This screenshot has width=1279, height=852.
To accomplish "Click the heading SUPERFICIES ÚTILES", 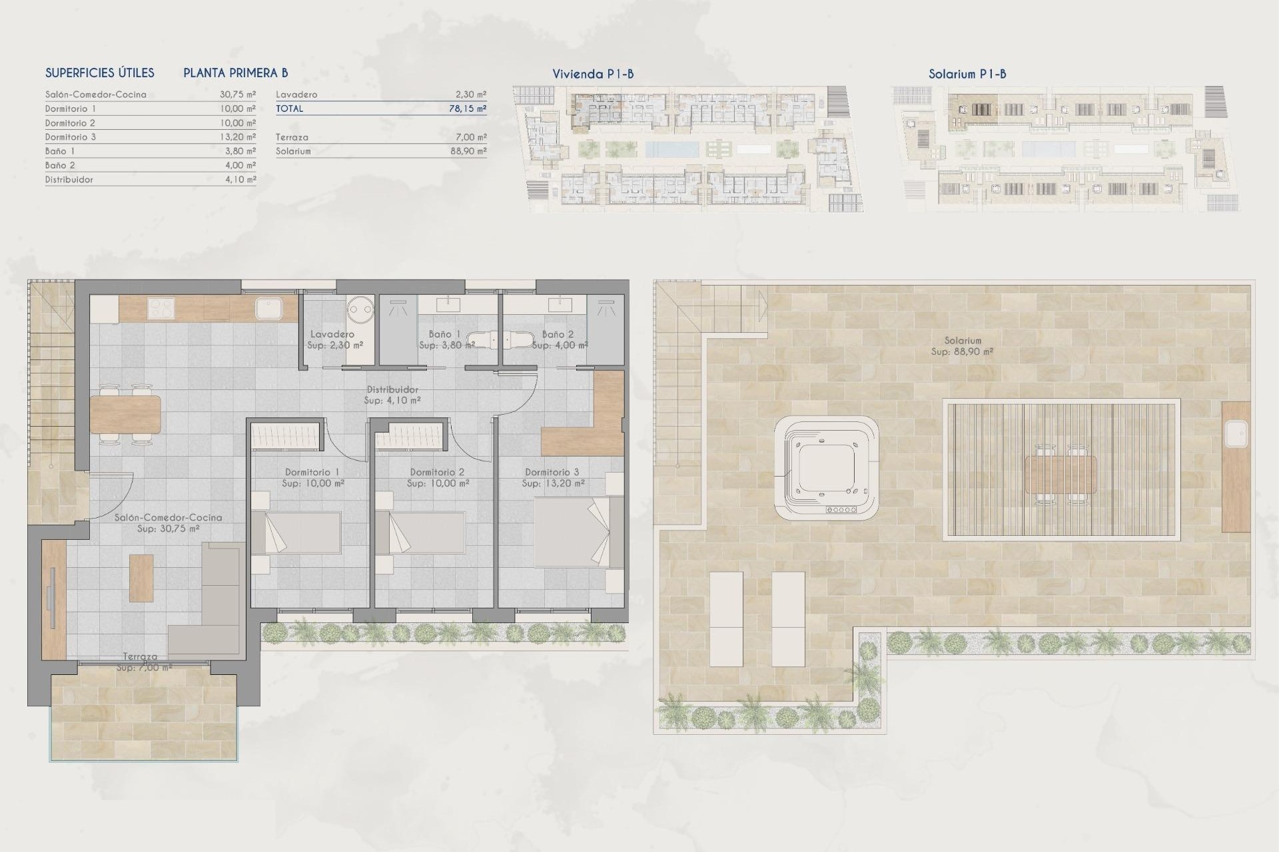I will tap(100, 73).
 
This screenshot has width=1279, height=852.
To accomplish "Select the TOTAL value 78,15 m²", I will tap(467, 108).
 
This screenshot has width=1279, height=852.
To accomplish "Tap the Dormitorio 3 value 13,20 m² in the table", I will tap(237, 137).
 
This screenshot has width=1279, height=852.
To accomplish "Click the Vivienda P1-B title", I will tap(593, 74).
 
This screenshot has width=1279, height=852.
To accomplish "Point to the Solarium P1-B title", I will tap(967, 74).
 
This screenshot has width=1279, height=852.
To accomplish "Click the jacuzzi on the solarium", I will tap(826, 469).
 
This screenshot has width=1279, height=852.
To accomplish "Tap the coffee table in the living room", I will tap(141, 578).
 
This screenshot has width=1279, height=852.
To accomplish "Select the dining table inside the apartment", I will tap(125, 414).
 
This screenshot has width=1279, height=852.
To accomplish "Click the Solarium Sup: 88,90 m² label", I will tap(962, 345).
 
